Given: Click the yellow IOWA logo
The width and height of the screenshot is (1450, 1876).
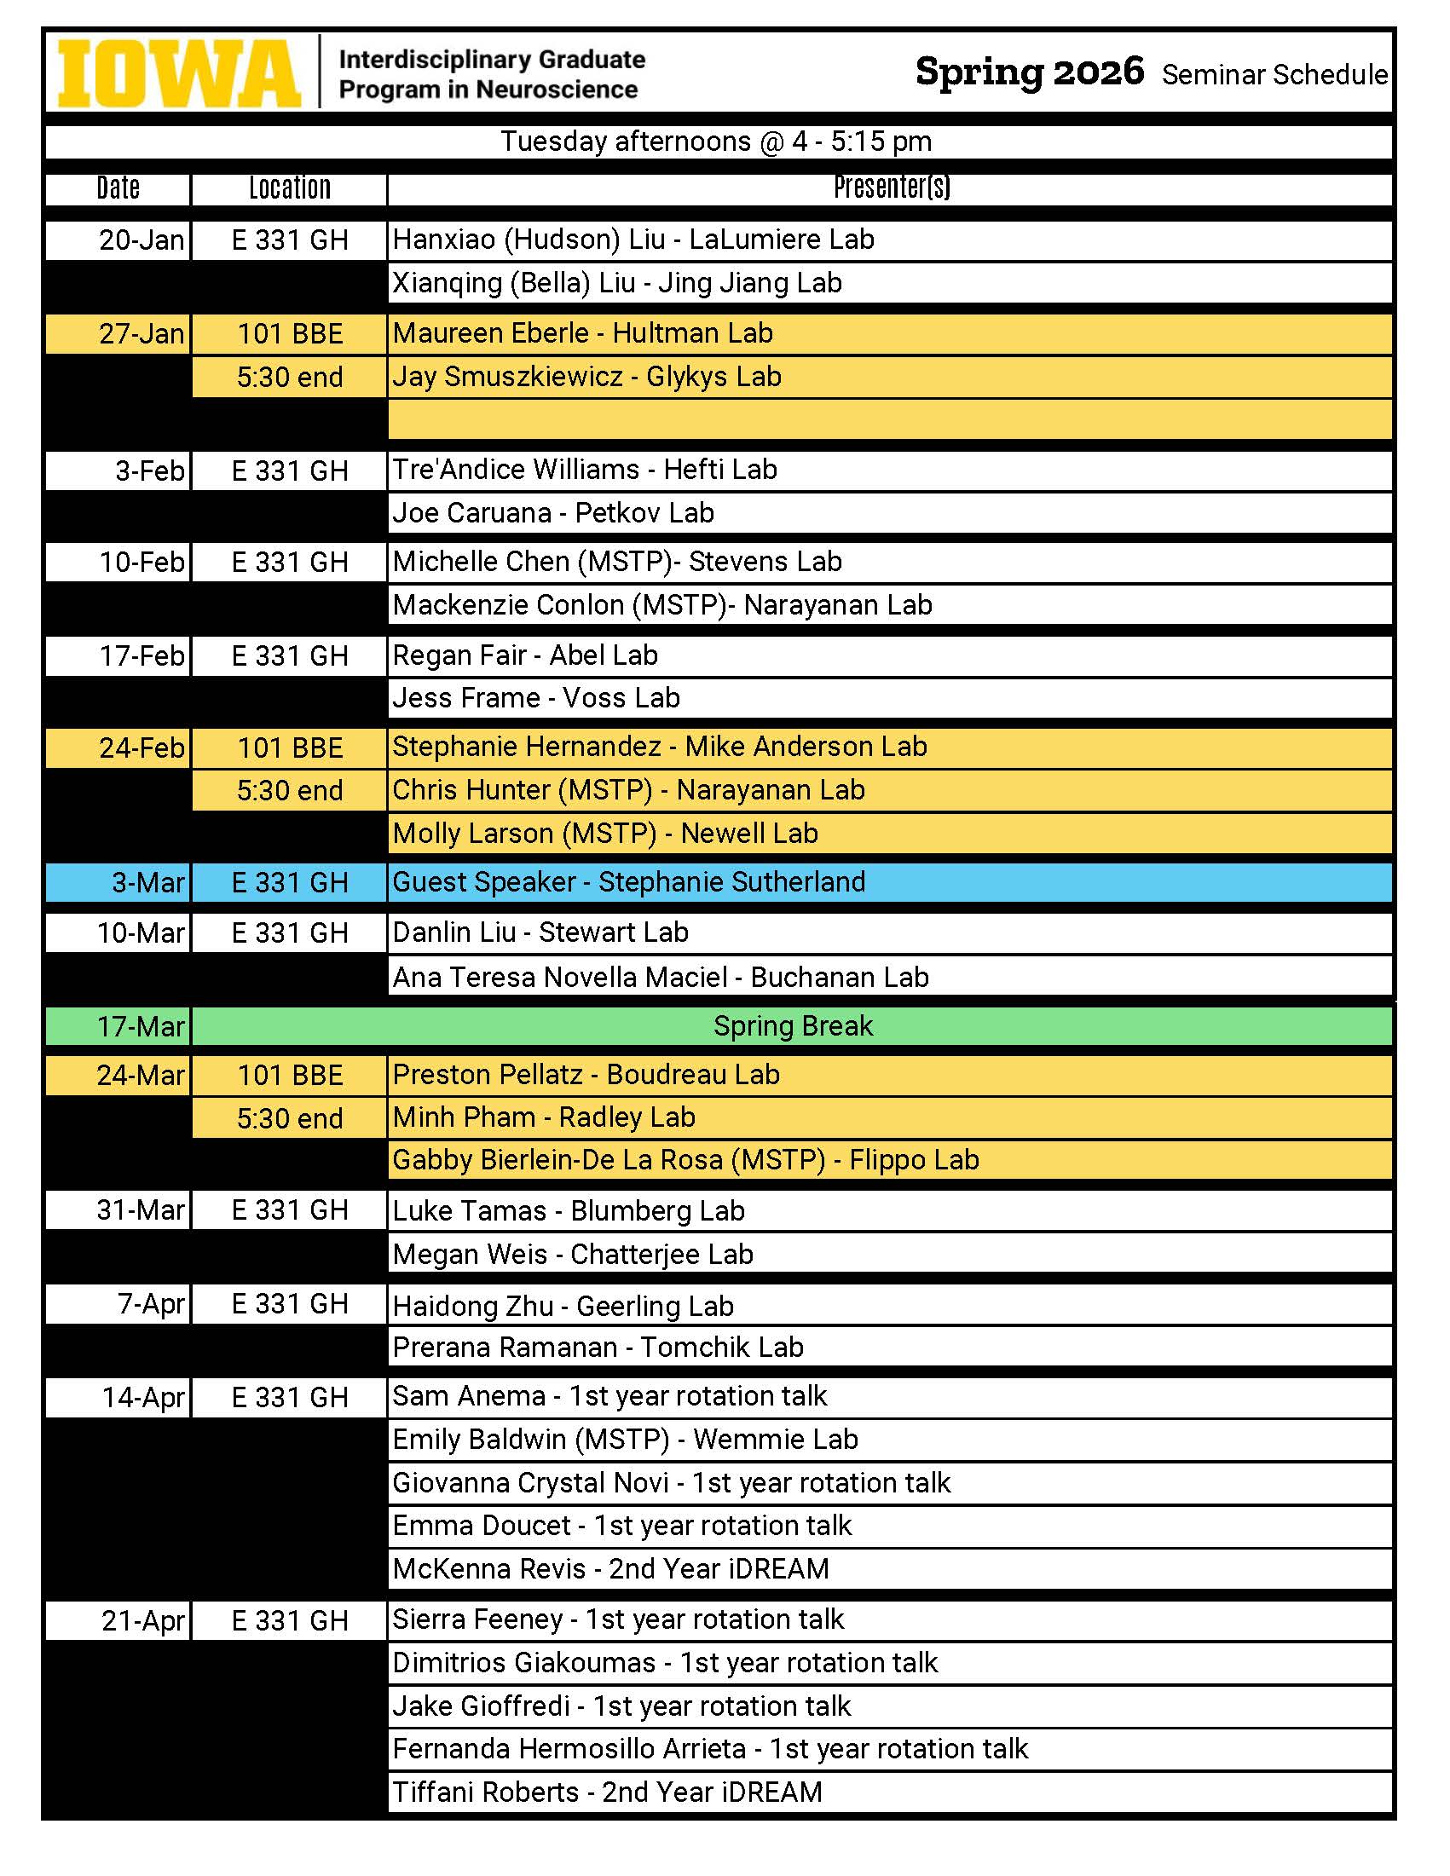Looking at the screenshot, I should point(179,74).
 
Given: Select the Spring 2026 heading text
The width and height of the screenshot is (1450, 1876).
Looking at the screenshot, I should point(1029,72).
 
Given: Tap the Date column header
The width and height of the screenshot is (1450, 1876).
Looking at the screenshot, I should point(118,188).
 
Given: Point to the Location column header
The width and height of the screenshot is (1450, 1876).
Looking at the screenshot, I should point(290,188).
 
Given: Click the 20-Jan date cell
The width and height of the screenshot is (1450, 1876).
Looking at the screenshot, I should point(141,240).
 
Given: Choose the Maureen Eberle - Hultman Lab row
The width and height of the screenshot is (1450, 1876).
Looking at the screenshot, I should point(582,333).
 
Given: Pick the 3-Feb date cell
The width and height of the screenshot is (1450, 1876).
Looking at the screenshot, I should point(149,470).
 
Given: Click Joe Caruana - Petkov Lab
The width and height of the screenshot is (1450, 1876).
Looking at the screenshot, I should point(553,513).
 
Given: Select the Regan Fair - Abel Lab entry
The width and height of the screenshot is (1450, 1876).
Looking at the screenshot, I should point(525,655).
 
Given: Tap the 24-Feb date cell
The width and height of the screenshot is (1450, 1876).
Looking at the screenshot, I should point(141,748).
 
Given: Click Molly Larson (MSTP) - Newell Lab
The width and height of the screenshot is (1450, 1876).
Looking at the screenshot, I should point(604,834).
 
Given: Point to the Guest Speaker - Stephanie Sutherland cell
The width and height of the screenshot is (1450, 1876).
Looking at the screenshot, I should point(629,882).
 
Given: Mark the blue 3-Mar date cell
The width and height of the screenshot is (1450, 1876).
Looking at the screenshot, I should point(147,883).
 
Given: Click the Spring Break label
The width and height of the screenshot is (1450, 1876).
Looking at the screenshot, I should point(792,1026).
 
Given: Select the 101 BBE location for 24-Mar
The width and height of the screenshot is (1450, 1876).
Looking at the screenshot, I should point(290,1076).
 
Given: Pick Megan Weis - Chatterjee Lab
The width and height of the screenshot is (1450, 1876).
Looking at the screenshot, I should point(573,1254).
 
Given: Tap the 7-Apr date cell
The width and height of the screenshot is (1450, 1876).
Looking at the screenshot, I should point(150,1304).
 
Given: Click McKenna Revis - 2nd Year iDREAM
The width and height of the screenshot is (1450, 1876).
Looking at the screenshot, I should point(610,1569).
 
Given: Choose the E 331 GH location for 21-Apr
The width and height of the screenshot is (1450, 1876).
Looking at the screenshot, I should point(290,1621).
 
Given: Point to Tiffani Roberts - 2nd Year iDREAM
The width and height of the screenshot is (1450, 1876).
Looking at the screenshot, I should point(607,1792).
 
